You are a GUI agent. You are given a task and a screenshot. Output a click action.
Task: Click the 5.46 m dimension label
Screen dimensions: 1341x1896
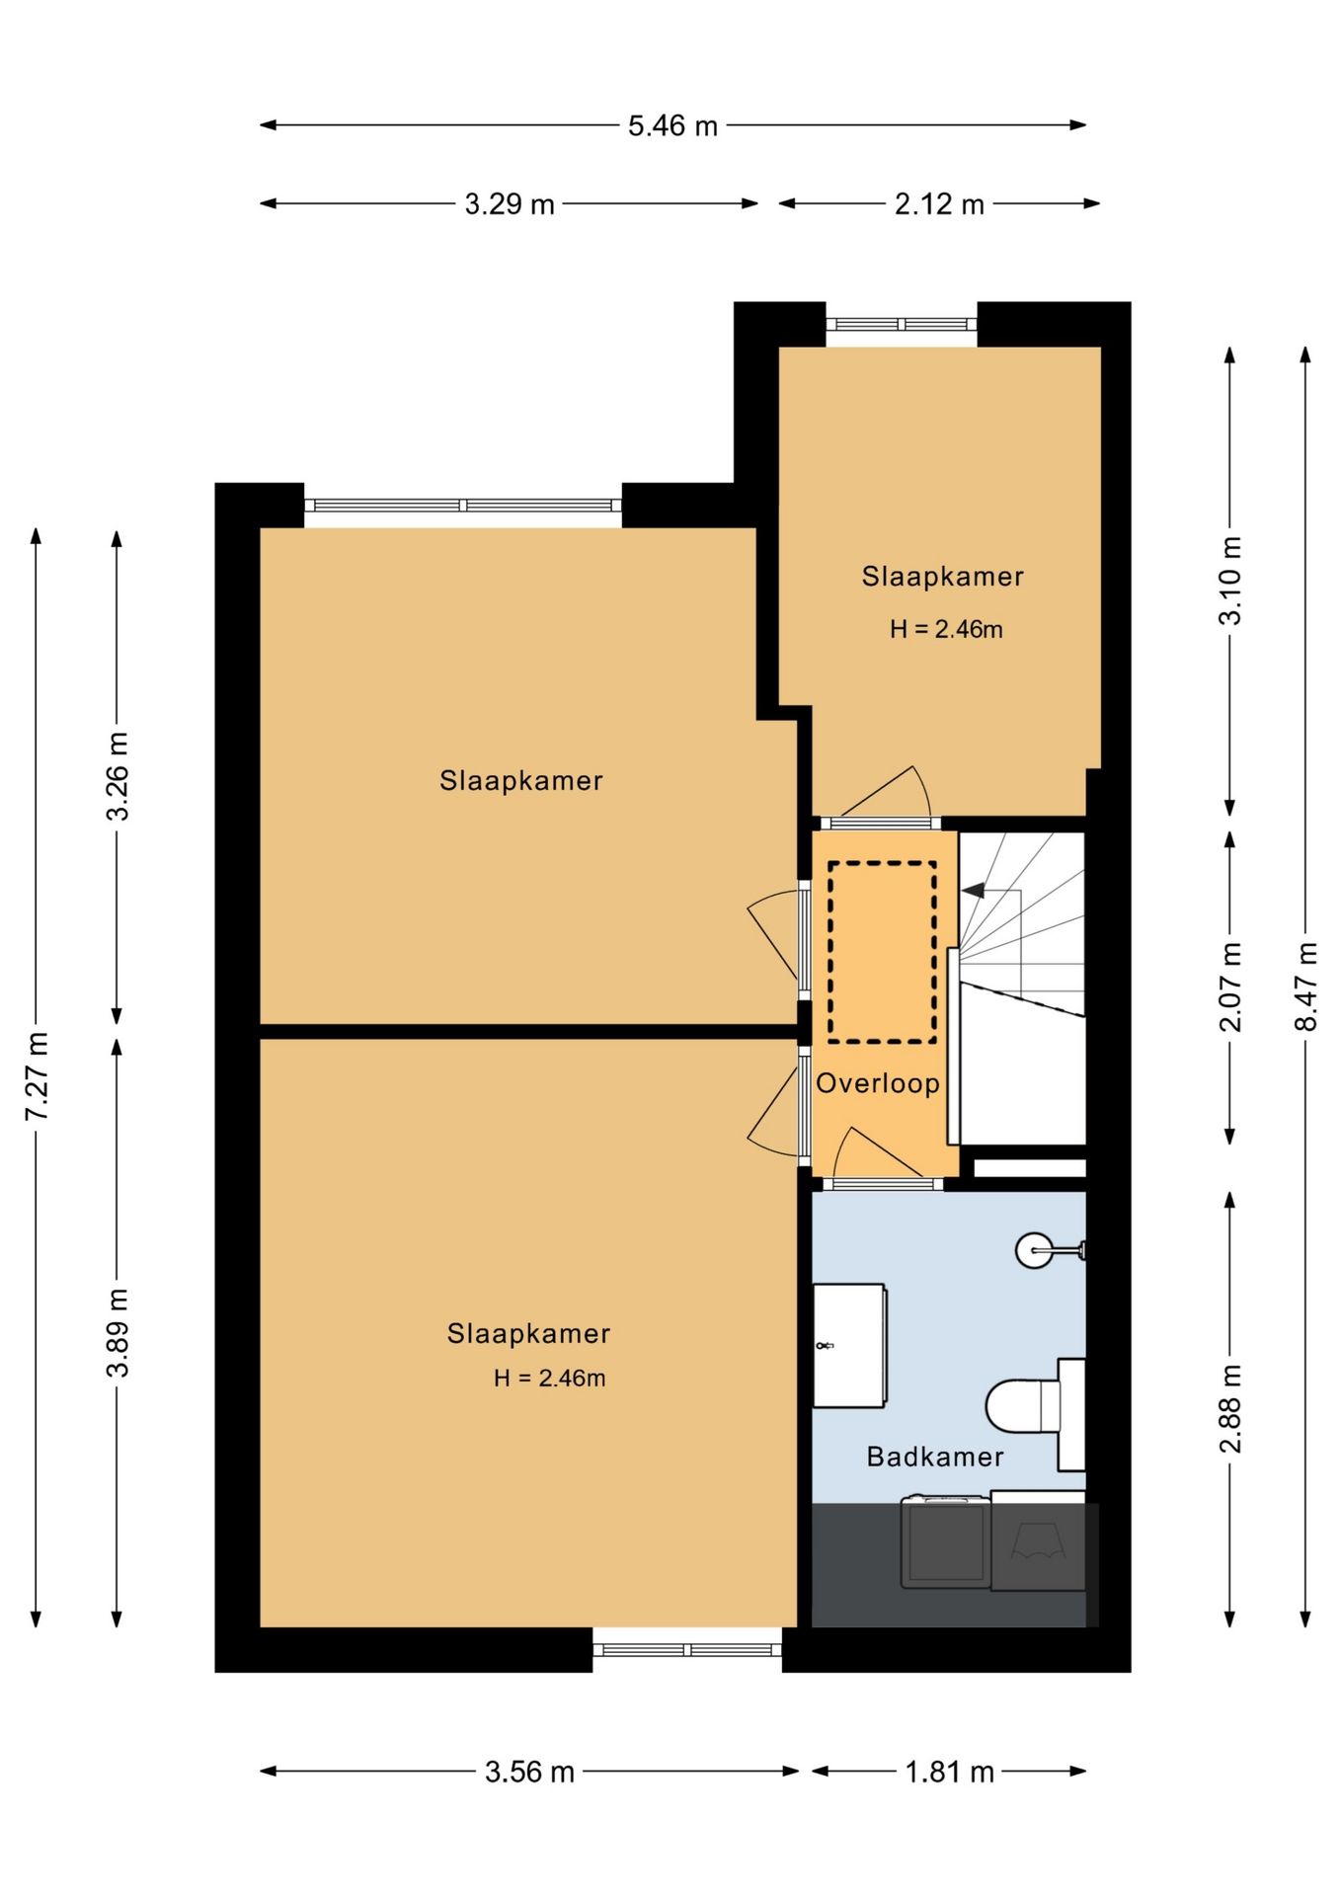click(x=672, y=125)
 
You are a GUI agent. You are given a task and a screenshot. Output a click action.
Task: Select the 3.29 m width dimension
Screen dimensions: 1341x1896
click(x=510, y=204)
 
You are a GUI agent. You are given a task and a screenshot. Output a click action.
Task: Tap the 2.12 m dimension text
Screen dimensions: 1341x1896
click(x=939, y=204)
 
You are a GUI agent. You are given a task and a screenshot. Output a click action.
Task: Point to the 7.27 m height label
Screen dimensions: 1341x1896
click(x=38, y=1076)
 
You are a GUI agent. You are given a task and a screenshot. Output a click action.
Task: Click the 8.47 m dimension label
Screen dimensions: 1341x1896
click(x=1306, y=987)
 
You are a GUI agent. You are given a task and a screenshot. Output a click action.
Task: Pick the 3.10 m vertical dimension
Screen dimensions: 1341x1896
click(x=1230, y=581)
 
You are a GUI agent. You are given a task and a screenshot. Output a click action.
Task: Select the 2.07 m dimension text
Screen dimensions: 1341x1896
click(x=1230, y=987)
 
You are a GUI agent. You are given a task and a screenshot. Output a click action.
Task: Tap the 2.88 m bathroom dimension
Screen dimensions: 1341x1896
click(x=1230, y=1409)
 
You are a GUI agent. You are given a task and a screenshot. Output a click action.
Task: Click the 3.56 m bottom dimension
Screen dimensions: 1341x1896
click(x=529, y=1772)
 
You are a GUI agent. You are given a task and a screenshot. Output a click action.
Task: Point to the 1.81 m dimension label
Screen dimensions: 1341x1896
click(x=949, y=1772)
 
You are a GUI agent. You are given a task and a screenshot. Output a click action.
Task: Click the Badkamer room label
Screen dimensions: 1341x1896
click(x=935, y=1457)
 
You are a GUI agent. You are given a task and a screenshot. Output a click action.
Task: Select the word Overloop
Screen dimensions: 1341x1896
click(x=878, y=1083)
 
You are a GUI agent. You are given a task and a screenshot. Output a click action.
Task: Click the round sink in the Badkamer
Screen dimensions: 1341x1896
click(x=1036, y=1250)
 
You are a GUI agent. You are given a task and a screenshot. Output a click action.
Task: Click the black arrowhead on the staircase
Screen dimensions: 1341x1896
click(x=974, y=890)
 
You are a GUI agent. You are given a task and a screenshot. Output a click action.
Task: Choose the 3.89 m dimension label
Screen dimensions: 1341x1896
click(x=118, y=1333)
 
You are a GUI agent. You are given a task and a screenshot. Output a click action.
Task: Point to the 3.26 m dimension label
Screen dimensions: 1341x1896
click(x=118, y=776)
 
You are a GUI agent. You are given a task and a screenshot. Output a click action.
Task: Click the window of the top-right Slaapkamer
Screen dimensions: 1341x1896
click(x=902, y=324)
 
